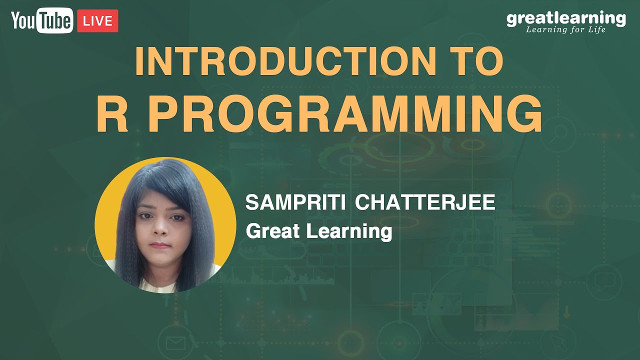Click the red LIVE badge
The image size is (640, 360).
pyautogui.click(x=97, y=21)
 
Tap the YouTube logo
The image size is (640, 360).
pyautogui.click(x=42, y=20)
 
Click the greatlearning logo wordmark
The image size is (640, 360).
pyautogui.click(x=566, y=18)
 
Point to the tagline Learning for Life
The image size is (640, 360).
pyautogui.click(x=565, y=29)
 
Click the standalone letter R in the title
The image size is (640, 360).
pyautogui.click(x=112, y=113)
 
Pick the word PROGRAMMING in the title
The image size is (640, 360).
pyautogui.click(x=344, y=113)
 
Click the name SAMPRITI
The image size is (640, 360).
pyautogui.click(x=295, y=202)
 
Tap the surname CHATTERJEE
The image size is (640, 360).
pyautogui.click(x=425, y=202)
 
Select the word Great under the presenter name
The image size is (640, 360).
pyautogui.click(x=273, y=231)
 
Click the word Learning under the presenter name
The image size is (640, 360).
pyautogui.click(x=349, y=232)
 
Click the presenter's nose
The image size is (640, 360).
pyautogui.click(x=160, y=228)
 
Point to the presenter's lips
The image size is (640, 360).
pyautogui.click(x=160, y=245)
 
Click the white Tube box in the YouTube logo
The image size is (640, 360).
pyautogui.click(x=54, y=20)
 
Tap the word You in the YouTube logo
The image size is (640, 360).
pyautogui.click(x=23, y=20)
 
